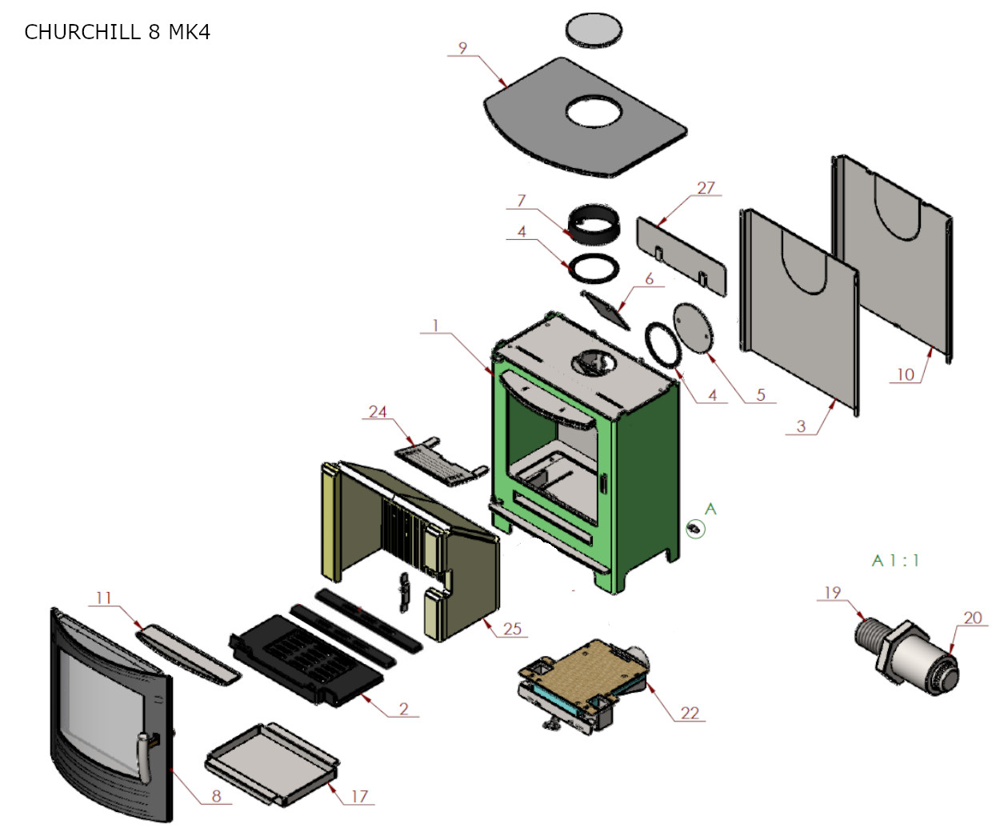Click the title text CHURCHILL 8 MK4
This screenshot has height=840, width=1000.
pos(117,32)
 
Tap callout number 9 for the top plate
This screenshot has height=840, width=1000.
pos(462,48)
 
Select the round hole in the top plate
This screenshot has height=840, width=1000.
pos(594,112)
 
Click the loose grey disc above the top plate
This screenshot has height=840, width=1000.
pos(594,30)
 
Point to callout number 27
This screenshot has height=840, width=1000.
pos(706,187)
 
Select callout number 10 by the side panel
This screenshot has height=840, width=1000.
pos(905,374)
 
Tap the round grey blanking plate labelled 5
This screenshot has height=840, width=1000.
pos(692,326)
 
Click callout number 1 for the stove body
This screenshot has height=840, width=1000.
pos(435,326)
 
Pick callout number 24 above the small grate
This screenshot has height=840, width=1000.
pos(378,411)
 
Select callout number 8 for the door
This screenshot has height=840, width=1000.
pos(216,796)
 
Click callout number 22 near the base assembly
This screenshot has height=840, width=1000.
pos(690,713)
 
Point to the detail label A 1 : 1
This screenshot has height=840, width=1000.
pos(895,561)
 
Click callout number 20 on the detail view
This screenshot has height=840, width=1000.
pos(972,618)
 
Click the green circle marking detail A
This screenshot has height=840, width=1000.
pos(695,529)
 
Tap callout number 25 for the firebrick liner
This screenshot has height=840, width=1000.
pos(512,629)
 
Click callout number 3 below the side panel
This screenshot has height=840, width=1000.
pos(801,426)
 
